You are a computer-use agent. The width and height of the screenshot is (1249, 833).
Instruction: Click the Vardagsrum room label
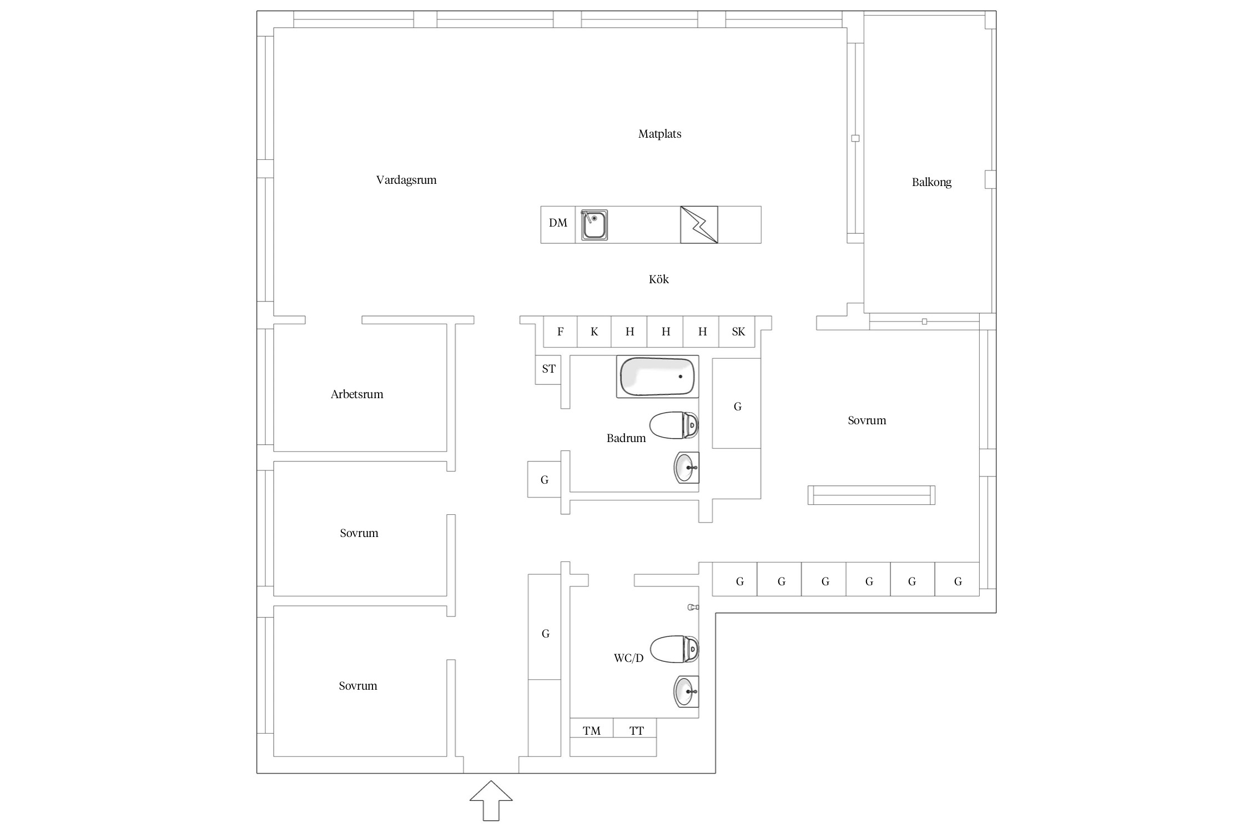406,180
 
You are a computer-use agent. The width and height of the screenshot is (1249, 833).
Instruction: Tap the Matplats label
659,134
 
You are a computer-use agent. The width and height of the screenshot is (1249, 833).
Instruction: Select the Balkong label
931,182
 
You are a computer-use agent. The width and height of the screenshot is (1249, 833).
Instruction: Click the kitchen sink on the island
594,225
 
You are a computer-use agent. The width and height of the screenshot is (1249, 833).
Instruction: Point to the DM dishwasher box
558,225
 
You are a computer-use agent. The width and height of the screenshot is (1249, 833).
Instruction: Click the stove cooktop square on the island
699,225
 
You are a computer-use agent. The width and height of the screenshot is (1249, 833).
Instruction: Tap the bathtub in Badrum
657,377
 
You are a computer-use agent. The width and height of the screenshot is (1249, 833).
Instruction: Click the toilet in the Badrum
673,425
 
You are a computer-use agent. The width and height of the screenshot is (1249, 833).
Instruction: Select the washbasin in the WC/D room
686,692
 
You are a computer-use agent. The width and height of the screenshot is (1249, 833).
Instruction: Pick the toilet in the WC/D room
674,649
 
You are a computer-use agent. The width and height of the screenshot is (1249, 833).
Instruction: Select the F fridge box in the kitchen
560,332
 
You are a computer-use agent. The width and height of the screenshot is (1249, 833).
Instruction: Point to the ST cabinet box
548,369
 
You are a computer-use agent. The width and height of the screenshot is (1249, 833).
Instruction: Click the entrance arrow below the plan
491,800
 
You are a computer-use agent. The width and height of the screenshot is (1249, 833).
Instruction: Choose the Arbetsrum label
357,394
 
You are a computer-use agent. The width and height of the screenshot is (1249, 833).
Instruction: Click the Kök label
659,279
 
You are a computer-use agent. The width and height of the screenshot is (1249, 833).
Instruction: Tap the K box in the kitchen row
594,332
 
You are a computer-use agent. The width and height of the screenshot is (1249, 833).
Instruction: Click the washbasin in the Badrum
686,468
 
